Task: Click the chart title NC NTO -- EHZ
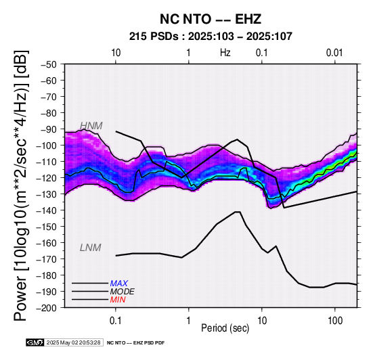coord(211,19)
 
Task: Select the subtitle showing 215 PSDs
coord(211,37)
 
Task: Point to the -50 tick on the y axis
coord(49,64)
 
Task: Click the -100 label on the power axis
coord(47,145)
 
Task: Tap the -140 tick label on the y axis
coord(47,210)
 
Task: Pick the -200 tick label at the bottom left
coord(47,308)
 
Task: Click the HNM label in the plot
coord(91,126)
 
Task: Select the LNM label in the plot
coord(91,248)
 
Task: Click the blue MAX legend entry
coord(119,284)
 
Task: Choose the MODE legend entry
coord(123,292)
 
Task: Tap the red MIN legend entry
coord(118,300)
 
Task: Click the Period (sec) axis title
coord(225,328)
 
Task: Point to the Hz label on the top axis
coord(225,53)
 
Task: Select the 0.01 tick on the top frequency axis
coord(334,53)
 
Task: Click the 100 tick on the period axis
coord(335,321)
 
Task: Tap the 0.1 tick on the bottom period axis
coord(116,321)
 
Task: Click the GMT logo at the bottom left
coord(35,342)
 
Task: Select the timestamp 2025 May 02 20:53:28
coord(74,342)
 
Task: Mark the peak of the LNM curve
coord(238,212)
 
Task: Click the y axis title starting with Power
coord(21,185)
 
